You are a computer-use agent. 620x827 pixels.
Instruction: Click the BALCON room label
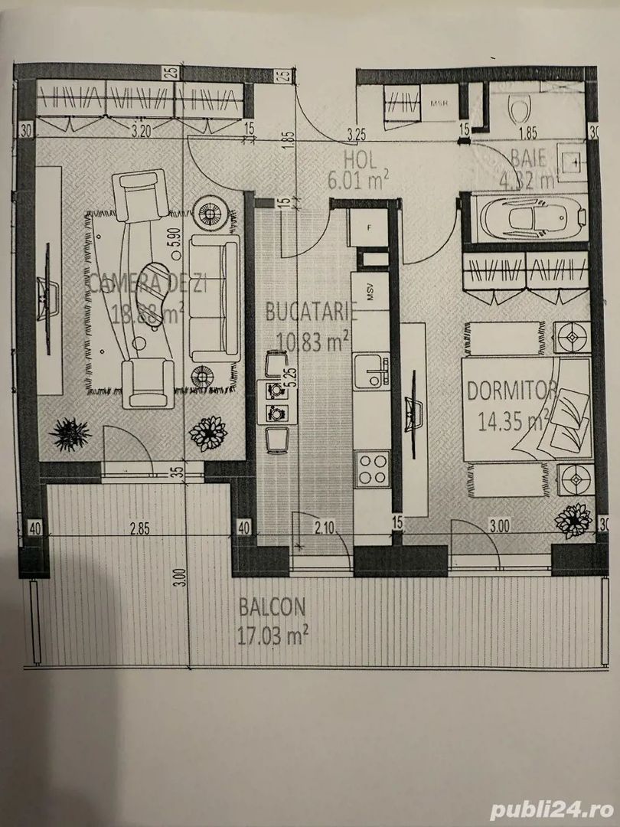point(272,607)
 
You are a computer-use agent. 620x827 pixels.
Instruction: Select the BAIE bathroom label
point(529,159)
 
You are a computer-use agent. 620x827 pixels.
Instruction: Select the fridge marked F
point(367,227)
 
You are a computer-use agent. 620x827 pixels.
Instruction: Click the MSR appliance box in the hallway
point(439,105)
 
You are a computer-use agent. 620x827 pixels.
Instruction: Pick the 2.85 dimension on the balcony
point(139,528)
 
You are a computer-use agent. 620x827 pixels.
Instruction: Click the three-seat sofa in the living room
point(215,297)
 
